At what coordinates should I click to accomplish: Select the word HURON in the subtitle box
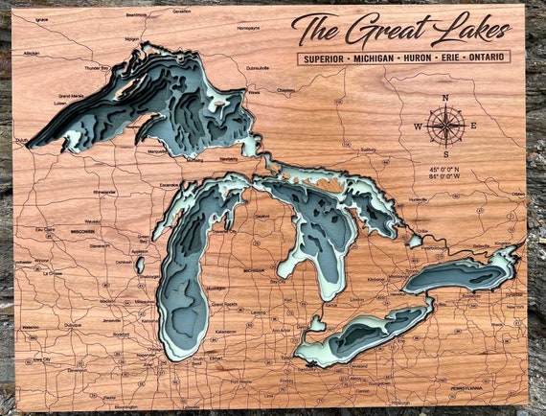(415, 58)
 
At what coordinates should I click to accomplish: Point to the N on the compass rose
(445, 98)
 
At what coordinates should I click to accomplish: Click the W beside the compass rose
(419, 127)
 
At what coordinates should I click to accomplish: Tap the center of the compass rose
(445, 126)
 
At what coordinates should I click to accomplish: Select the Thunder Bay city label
(97, 68)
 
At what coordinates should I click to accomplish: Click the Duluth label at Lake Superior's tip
(21, 140)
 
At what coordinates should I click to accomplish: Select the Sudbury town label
(368, 150)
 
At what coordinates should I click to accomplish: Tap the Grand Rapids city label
(223, 305)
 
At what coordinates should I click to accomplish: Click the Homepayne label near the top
(248, 28)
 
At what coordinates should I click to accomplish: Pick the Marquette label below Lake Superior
(156, 151)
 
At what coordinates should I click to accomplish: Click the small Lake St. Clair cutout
(311, 326)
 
